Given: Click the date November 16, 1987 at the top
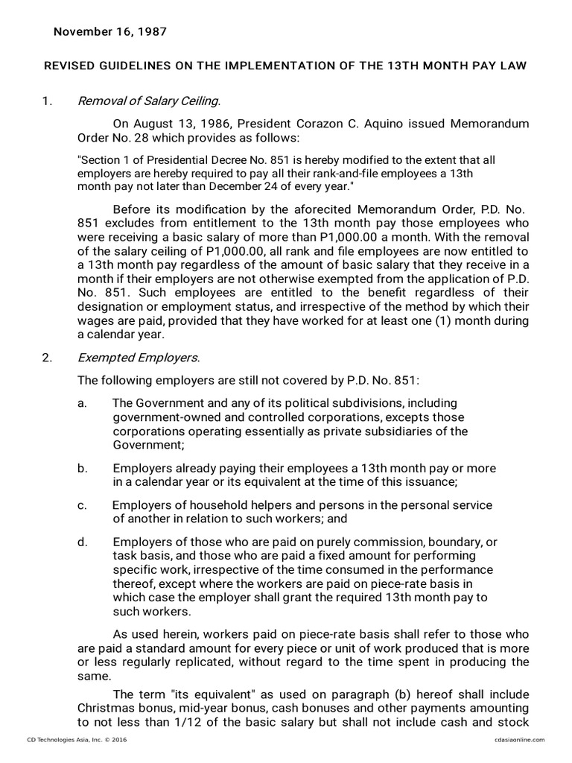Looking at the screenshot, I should (x=109, y=32).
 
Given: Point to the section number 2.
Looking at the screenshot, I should (x=47, y=358).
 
